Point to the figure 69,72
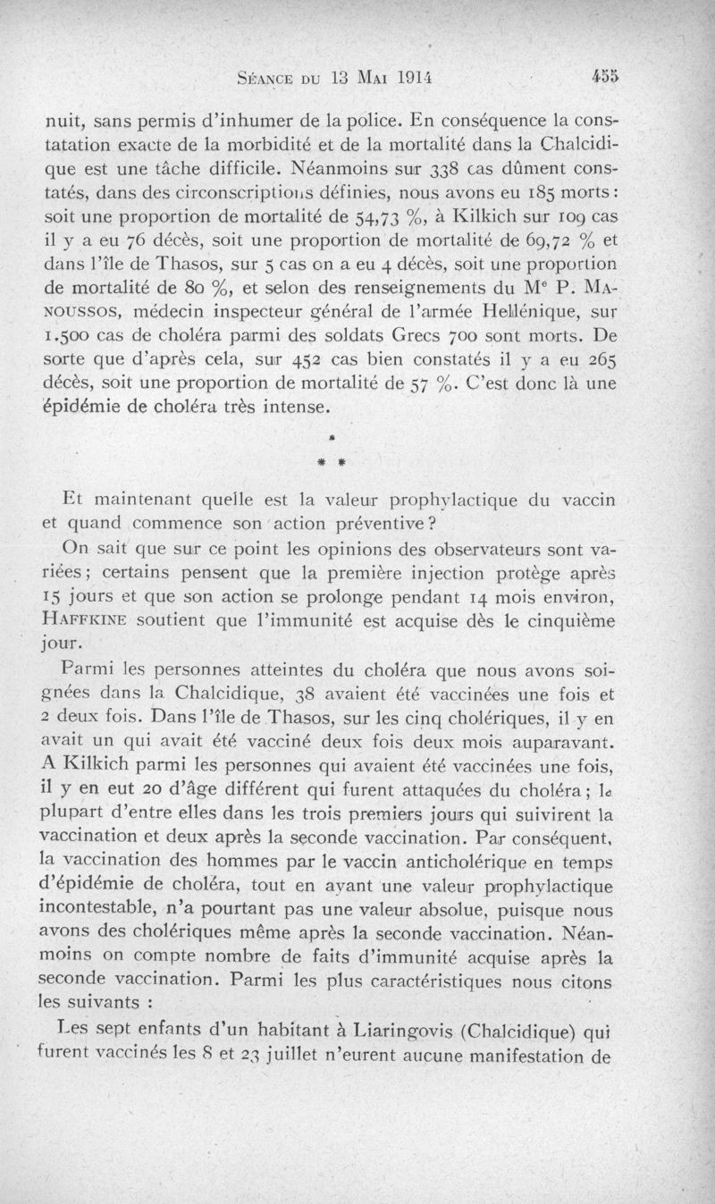click(x=543, y=242)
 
